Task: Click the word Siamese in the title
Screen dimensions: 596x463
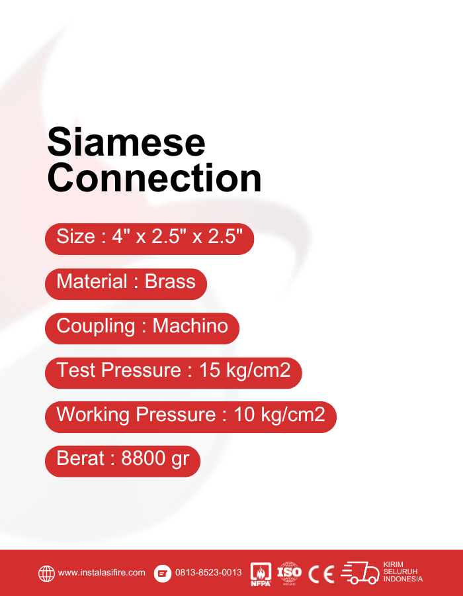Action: [126, 142]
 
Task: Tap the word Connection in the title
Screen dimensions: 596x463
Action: [154, 178]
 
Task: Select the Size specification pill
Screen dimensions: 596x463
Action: [149, 237]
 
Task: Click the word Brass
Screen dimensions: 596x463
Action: [170, 281]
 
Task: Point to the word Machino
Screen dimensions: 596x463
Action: [190, 326]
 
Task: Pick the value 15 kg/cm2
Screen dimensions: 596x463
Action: [245, 370]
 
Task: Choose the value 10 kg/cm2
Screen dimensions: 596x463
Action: [279, 415]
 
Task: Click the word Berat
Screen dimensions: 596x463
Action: [81, 459]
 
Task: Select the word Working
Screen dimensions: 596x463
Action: [93, 415]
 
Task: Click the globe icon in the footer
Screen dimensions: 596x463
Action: [46, 573]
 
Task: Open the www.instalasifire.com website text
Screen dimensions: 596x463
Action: [102, 573]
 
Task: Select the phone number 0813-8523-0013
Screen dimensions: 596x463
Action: [208, 573]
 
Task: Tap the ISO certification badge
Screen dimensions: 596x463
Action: [289, 573]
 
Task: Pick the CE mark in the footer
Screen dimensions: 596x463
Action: [321, 573]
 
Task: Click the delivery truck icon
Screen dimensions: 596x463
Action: [360, 573]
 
